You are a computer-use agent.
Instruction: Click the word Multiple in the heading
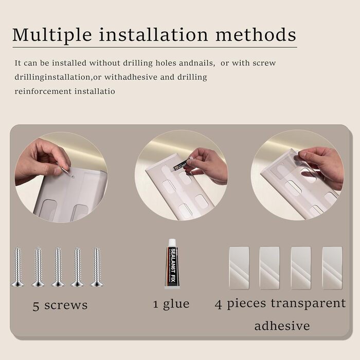pyautogui.click(x=52, y=35)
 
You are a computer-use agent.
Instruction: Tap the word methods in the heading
pyautogui.click(x=256, y=34)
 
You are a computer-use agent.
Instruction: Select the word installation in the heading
pyautogui.click(x=154, y=34)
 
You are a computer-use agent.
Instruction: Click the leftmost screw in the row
pyautogui.click(x=17, y=267)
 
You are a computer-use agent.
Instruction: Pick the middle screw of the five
pyautogui.click(x=58, y=267)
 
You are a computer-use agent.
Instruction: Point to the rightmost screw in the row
pyautogui.click(x=97, y=267)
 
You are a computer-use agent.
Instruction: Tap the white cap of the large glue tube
pyautogui.click(x=172, y=243)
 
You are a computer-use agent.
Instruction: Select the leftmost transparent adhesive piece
pyautogui.click(x=239, y=268)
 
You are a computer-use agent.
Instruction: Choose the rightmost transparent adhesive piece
pyautogui.click(x=332, y=268)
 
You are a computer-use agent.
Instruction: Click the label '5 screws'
pyautogui.click(x=60, y=305)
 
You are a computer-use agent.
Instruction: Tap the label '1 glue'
pyautogui.click(x=171, y=304)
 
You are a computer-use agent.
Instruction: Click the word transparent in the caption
pyautogui.click(x=308, y=303)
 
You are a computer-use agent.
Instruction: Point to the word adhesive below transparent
pyautogui.click(x=282, y=326)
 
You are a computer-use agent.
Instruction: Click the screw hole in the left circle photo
pyautogui.click(x=73, y=177)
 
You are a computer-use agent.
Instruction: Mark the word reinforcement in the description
pyautogui.click(x=43, y=92)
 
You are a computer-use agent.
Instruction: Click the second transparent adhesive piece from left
pyautogui.click(x=269, y=268)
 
